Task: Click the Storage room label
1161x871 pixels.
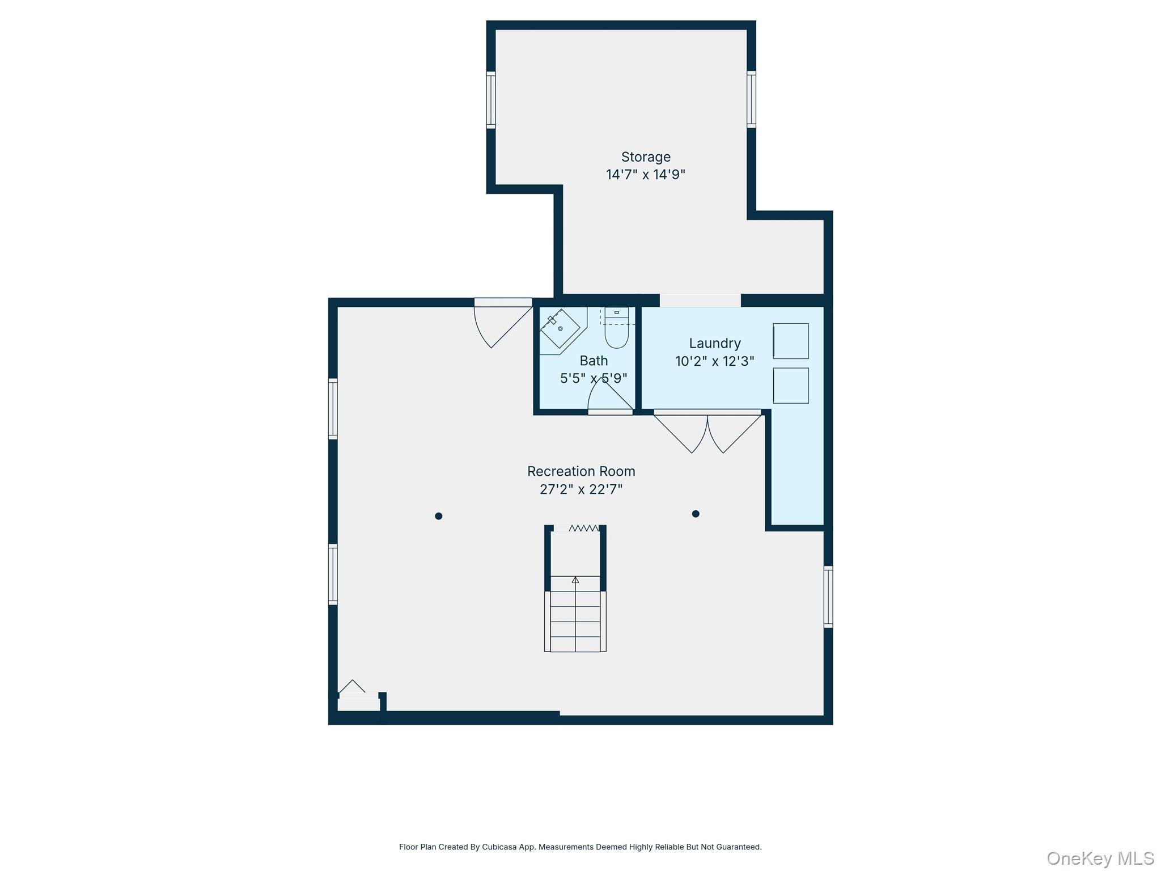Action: (646, 157)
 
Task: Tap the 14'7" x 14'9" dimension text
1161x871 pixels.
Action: (646, 175)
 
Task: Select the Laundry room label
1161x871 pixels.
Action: (715, 344)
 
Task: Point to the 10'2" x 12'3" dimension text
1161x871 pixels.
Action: (715, 361)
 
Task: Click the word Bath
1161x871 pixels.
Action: (594, 361)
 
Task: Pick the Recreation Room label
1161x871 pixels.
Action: (581, 471)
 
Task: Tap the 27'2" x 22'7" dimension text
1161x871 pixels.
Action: (581, 489)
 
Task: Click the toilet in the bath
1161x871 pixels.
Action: (617, 328)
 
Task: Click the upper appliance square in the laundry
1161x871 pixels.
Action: (791, 341)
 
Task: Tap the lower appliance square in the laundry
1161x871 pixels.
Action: (791, 386)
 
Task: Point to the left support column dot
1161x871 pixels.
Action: (438, 516)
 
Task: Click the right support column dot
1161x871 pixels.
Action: (696, 514)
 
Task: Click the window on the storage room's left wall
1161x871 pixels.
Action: (491, 100)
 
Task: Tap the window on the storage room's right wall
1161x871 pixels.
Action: (751, 100)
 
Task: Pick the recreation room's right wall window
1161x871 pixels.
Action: (828, 597)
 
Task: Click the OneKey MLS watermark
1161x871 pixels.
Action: (1100, 859)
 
